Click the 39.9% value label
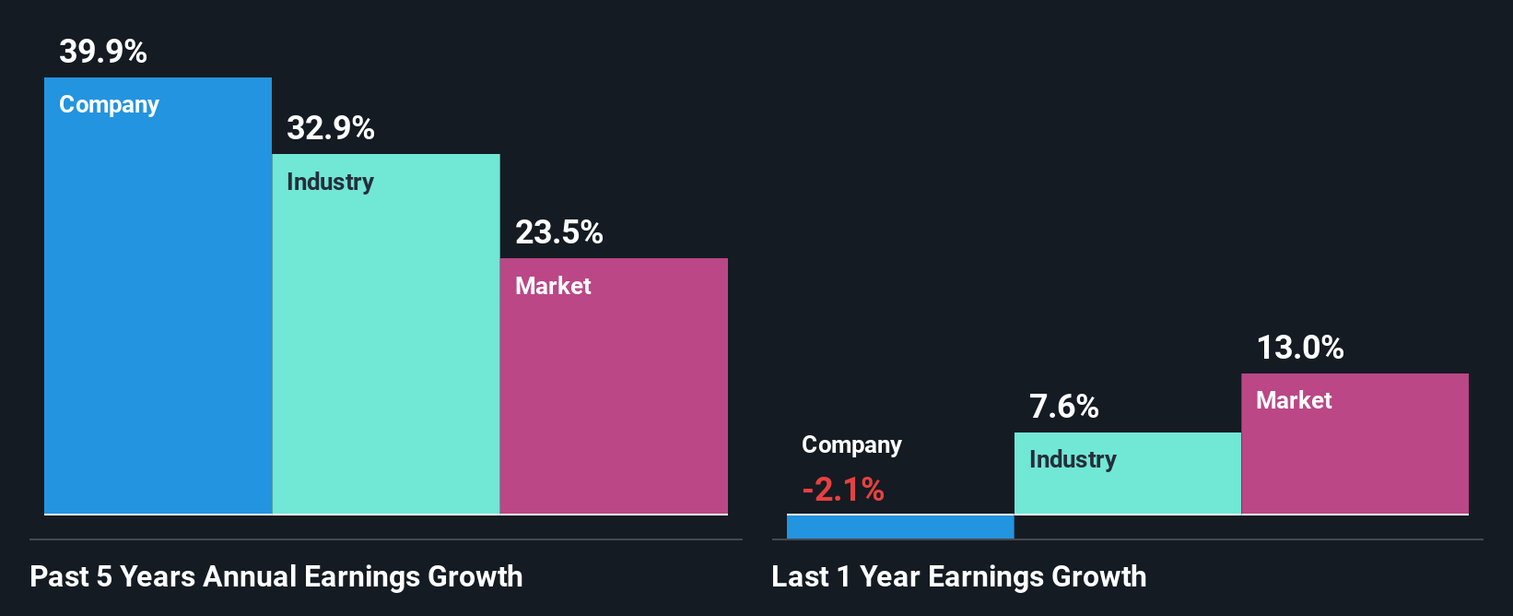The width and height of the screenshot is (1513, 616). pyautogui.click(x=103, y=52)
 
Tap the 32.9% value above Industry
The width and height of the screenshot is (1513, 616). pyautogui.click(x=331, y=128)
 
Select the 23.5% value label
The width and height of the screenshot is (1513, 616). pyautogui.click(x=559, y=232)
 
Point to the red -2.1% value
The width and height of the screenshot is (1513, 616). pyautogui.click(x=843, y=490)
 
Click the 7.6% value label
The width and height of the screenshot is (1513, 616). pyautogui.click(x=1064, y=407)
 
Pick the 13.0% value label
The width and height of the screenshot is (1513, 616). pyautogui.click(x=1300, y=348)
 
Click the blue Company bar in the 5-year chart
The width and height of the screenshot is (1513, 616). pyautogui.click(x=158, y=314)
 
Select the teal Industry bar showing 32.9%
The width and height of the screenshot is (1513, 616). pyautogui.click(x=386, y=350)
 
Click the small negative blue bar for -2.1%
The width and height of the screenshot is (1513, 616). pyautogui.click(x=900, y=527)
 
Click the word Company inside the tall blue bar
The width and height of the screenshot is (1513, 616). pyautogui.click(x=110, y=105)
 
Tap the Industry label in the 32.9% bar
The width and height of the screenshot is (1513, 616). pyautogui.click(x=331, y=182)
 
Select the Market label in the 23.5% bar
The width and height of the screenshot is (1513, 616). pyautogui.click(x=553, y=286)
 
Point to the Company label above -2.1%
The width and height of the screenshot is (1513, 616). pyautogui.click(x=851, y=445)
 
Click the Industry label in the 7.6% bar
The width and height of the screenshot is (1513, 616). pyautogui.click(x=1073, y=459)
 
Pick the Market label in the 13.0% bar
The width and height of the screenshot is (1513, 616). pyautogui.click(x=1294, y=400)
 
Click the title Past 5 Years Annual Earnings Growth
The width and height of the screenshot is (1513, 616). pyautogui.click(x=276, y=576)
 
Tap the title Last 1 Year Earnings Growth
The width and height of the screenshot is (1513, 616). pyautogui.click(x=959, y=576)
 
